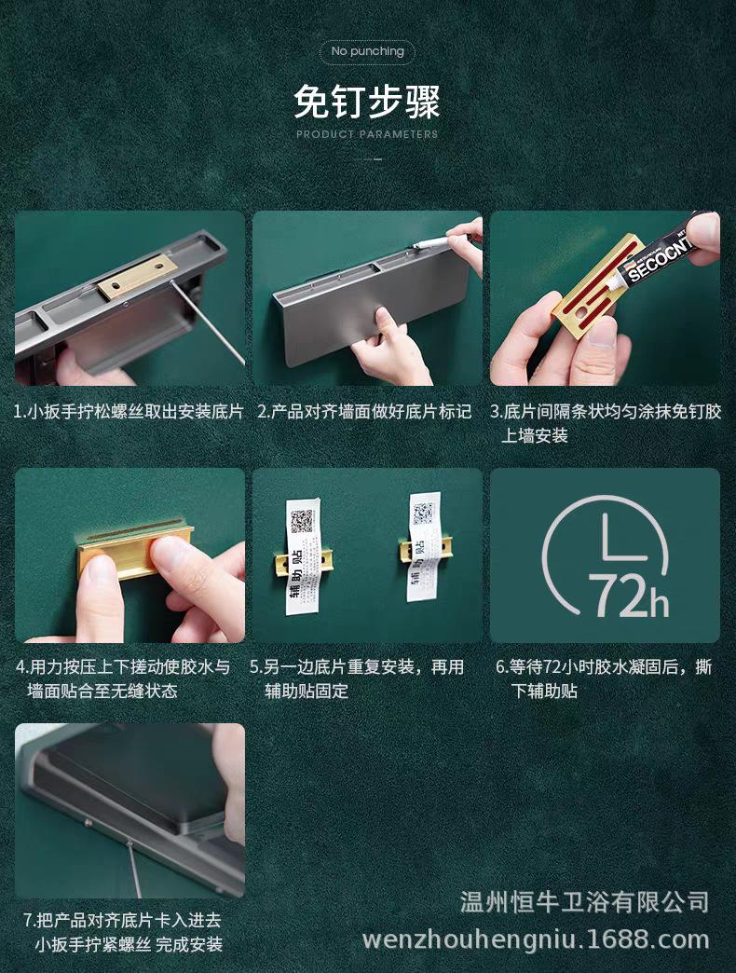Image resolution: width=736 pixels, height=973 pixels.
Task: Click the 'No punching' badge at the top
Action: (x=367, y=51)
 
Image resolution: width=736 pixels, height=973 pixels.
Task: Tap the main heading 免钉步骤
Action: (x=367, y=102)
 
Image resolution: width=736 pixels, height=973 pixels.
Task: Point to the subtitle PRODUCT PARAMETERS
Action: (x=367, y=134)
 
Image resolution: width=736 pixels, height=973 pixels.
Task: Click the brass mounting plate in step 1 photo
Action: (x=137, y=274)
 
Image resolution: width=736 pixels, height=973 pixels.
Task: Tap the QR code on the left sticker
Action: (x=302, y=521)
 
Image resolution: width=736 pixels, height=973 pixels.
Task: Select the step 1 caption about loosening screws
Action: (x=129, y=411)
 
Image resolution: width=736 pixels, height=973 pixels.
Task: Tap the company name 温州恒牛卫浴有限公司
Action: (x=584, y=901)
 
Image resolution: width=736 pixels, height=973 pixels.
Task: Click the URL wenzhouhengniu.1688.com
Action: (x=536, y=939)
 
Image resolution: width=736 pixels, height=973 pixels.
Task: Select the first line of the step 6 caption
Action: (x=604, y=667)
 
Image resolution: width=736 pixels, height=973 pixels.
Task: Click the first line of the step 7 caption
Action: (x=122, y=920)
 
